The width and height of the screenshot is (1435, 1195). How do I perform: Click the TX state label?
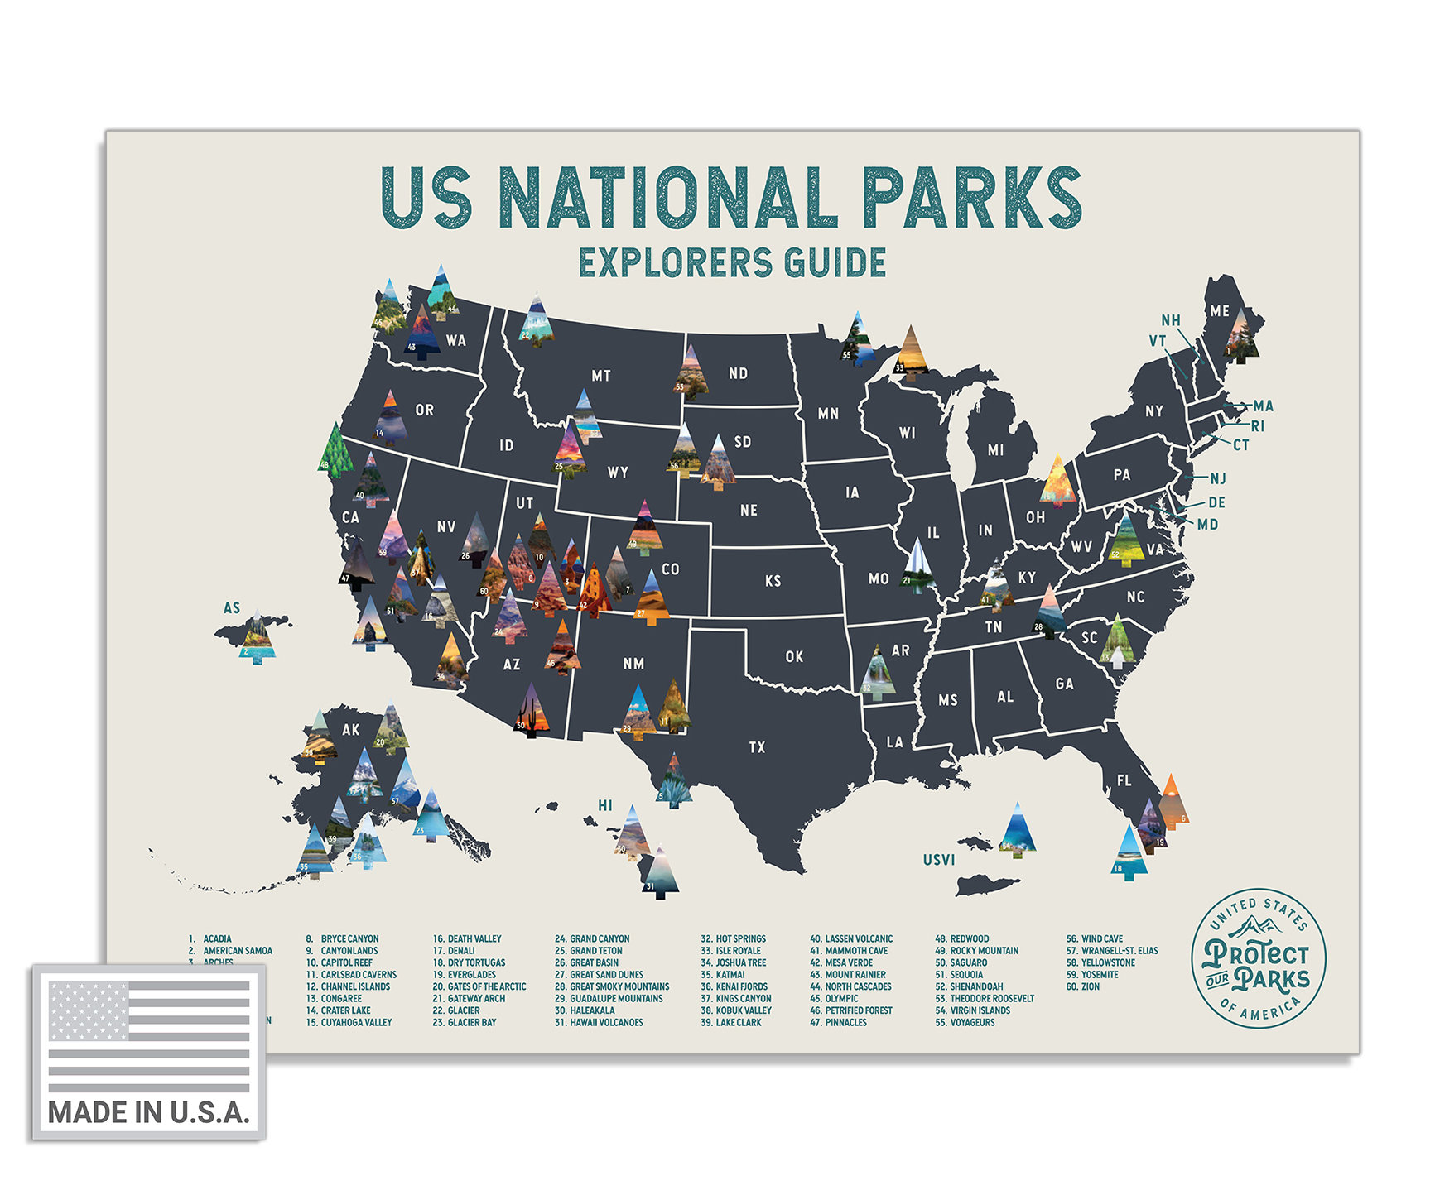click(x=757, y=747)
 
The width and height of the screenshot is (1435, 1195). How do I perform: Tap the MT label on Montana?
click(x=601, y=376)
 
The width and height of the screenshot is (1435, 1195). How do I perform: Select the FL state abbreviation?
click(x=1124, y=780)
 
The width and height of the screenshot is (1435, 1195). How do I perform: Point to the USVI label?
click(x=939, y=860)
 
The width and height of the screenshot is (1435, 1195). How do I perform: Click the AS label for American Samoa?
click(x=232, y=608)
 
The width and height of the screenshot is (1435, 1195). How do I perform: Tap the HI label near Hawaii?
click(x=605, y=805)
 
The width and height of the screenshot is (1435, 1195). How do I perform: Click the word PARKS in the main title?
click(x=971, y=198)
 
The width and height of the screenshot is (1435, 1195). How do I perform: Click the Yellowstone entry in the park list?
click(x=1100, y=962)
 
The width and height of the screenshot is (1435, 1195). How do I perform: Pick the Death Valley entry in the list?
click(x=467, y=938)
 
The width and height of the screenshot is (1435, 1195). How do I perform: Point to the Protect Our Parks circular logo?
click(x=1258, y=961)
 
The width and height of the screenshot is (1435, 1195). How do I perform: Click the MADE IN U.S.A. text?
click(x=149, y=1112)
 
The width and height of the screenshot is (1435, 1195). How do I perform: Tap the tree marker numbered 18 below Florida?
click(x=1129, y=852)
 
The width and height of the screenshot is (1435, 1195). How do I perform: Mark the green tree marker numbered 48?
click(x=335, y=451)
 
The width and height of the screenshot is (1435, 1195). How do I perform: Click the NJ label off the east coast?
click(x=1217, y=478)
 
